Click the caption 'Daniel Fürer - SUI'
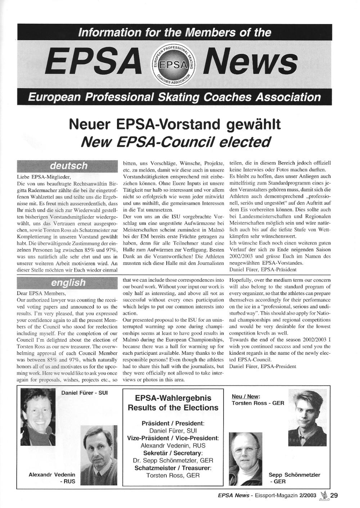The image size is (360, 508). [x=84, y=393]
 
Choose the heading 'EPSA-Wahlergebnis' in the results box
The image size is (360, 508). [x=173, y=398]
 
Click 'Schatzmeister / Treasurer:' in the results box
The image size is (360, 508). [x=173, y=468]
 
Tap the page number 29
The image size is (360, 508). [x=334, y=495]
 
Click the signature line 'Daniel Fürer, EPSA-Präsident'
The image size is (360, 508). [x=263, y=269]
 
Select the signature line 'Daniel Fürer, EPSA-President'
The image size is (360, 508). [x=262, y=366]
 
